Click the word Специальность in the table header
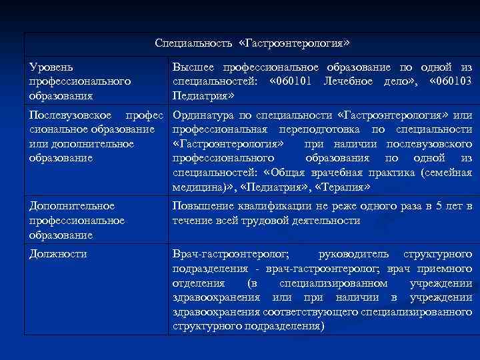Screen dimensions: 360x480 point(193,43)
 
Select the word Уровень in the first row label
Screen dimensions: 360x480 point(52,67)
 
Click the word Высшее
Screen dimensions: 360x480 point(195,67)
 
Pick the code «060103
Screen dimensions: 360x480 point(451,81)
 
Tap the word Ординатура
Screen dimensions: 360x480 point(203,115)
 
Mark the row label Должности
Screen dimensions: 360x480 point(59,254)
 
